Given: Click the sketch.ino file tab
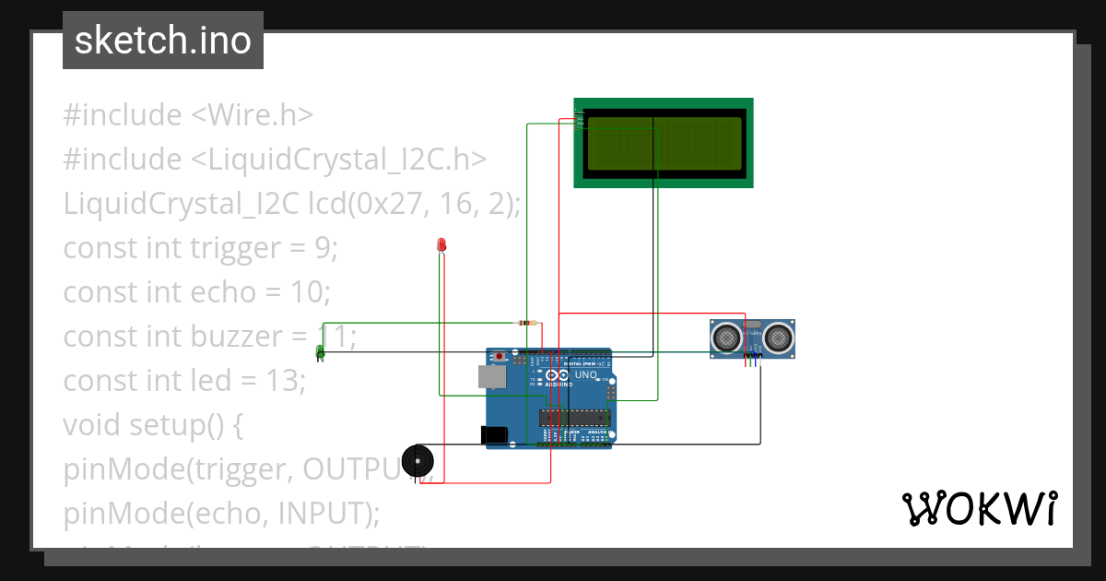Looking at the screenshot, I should [163, 41].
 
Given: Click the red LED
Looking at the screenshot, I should [441, 245].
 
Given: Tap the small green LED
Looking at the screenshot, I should [321, 351].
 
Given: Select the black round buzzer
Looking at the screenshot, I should [418, 459].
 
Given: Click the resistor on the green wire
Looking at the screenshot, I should [527, 323].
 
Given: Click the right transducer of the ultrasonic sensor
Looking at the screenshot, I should [779, 338].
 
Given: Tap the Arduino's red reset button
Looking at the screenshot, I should [500, 356].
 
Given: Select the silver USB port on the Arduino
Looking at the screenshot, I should [492, 375].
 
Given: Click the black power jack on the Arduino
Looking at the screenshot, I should [494, 435].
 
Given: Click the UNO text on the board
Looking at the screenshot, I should [586, 375].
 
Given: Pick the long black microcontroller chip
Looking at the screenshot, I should [569, 417].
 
